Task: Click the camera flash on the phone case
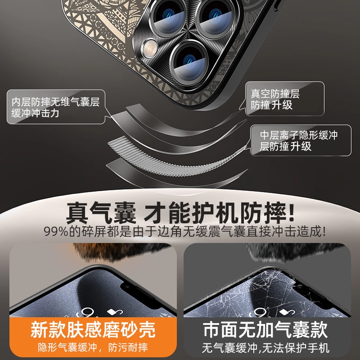tap(150, 48)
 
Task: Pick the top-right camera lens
tap(216, 18)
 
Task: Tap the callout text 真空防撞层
tap(275, 94)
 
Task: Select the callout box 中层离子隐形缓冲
tap(301, 140)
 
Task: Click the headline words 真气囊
tap(101, 213)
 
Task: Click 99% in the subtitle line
tap(56, 231)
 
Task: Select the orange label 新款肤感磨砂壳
tap(93, 330)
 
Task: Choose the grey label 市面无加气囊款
tap(265, 330)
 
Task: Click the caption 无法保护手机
tap(296, 348)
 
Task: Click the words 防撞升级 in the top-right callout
tap(271, 105)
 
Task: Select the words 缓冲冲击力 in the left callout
tap(35, 113)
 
